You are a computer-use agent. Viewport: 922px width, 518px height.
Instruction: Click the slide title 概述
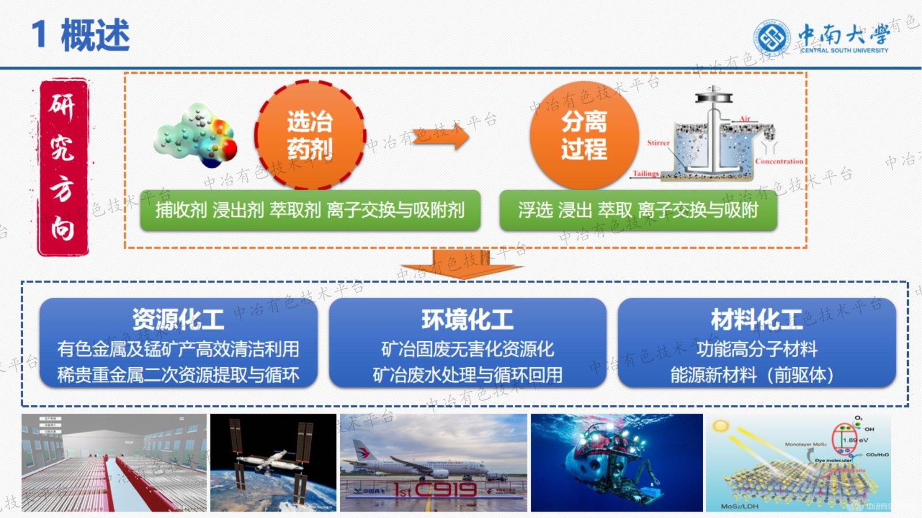pos(95,35)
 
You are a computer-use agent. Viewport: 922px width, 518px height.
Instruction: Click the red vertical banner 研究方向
pos(63,167)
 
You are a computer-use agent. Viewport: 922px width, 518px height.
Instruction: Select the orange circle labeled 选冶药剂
pos(310,136)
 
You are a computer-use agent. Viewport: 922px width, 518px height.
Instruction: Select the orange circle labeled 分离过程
pos(584,136)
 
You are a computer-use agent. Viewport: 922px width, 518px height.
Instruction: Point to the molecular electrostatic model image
pos(196,136)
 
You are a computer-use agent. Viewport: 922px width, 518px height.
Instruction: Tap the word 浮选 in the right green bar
pos(535,210)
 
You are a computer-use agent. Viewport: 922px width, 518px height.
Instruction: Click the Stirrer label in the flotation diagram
pos(658,143)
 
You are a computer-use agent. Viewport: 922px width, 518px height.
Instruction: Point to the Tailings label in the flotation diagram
pos(645,173)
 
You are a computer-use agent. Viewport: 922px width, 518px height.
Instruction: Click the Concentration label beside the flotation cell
pos(779,161)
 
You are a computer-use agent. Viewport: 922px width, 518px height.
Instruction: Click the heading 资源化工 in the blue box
pos(178,319)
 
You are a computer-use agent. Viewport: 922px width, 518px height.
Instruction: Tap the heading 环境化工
pos(467,319)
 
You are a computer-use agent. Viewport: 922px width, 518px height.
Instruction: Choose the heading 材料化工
pos(757,319)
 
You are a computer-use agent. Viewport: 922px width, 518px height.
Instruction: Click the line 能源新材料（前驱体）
pos(752,375)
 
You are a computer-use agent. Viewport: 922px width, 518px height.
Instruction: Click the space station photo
pos(273,463)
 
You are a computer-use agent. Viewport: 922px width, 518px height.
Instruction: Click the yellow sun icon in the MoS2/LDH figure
pos(720,426)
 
